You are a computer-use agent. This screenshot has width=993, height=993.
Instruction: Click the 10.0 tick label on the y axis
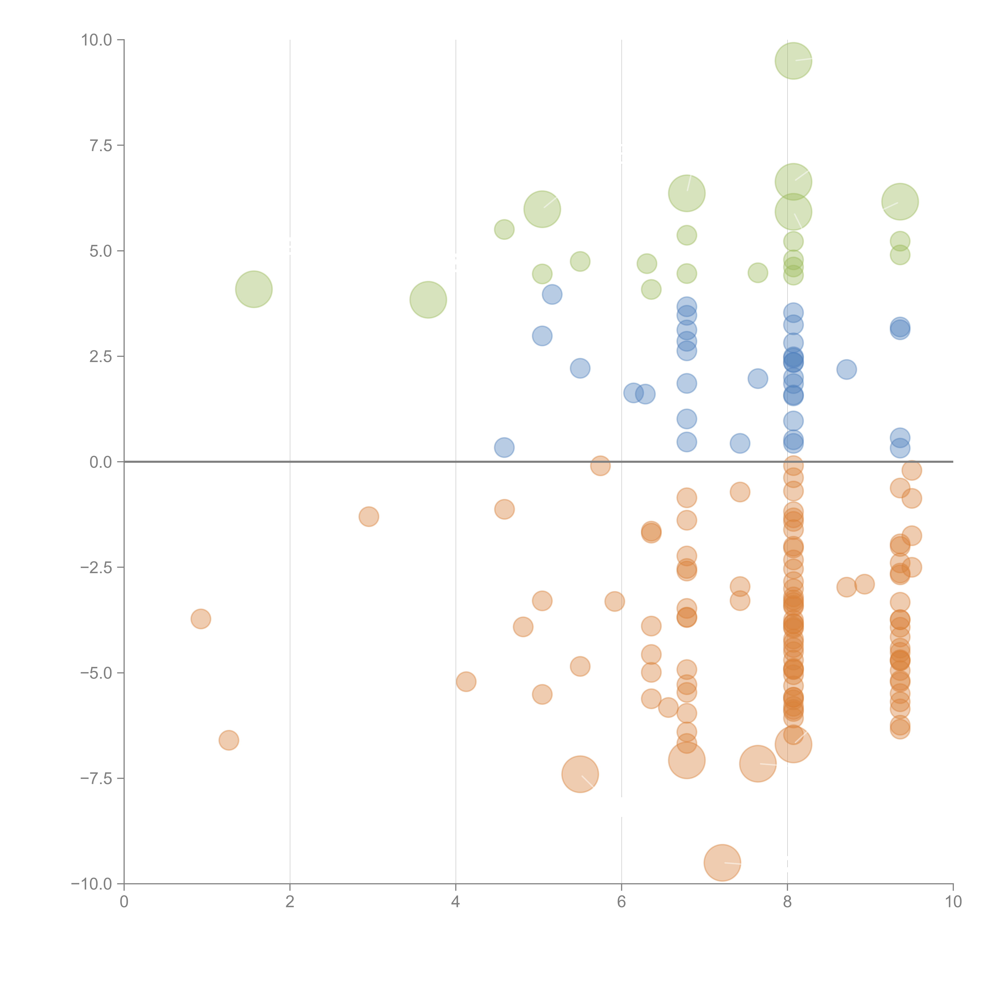coord(97,40)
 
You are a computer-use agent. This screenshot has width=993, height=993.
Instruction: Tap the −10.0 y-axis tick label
coord(92,884)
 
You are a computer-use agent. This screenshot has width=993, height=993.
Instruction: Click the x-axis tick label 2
coord(290,902)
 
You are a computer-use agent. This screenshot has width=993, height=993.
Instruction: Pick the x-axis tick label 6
coord(621,902)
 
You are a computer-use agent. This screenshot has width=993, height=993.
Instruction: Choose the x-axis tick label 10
coord(953,902)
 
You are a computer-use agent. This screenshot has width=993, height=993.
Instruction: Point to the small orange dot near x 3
coord(369,517)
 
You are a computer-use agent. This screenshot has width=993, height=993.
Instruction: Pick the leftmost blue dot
coord(504,448)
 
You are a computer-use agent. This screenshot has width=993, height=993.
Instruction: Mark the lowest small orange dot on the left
coord(229,740)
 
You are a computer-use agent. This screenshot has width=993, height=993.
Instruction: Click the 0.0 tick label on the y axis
coord(101,462)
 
